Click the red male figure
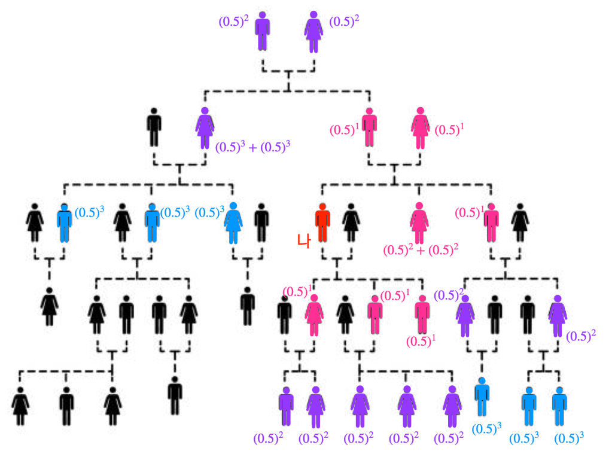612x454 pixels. point(322,223)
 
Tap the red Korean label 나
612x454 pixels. point(303,240)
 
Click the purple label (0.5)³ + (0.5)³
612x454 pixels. point(252,147)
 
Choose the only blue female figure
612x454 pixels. point(233,223)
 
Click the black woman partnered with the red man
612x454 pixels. point(350,223)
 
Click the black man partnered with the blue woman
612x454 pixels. point(261,223)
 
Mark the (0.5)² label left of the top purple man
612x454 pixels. point(233,23)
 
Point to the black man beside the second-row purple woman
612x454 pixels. point(154,127)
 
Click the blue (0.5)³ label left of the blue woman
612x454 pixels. point(210,212)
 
